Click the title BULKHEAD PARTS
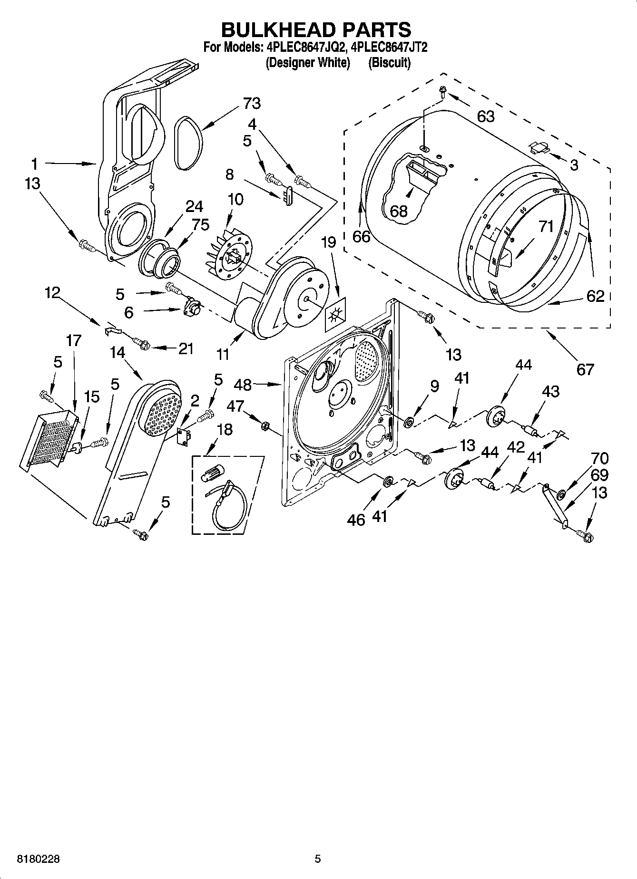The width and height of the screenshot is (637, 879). coord(316,29)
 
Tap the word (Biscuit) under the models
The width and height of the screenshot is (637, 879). coord(389,62)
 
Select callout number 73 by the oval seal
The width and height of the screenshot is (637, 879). coord(251,103)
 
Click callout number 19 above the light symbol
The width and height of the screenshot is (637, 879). coord(328,242)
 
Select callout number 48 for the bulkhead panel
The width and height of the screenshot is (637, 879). coord(243,384)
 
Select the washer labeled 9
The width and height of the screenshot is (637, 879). coord(409,421)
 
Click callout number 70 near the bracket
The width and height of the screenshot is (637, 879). coord(599,458)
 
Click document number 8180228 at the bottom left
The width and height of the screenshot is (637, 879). coord(38,859)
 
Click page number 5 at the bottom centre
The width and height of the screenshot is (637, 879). coord(318,859)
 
